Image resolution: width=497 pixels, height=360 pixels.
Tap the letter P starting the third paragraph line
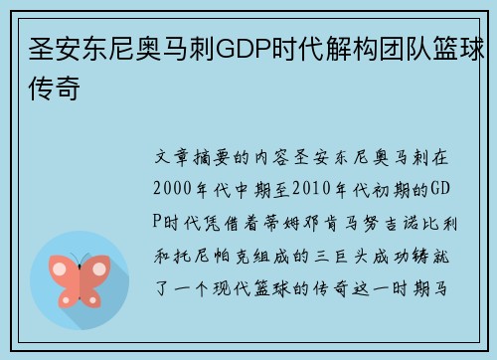(157, 221)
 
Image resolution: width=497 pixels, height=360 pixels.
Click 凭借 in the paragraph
(222, 221)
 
